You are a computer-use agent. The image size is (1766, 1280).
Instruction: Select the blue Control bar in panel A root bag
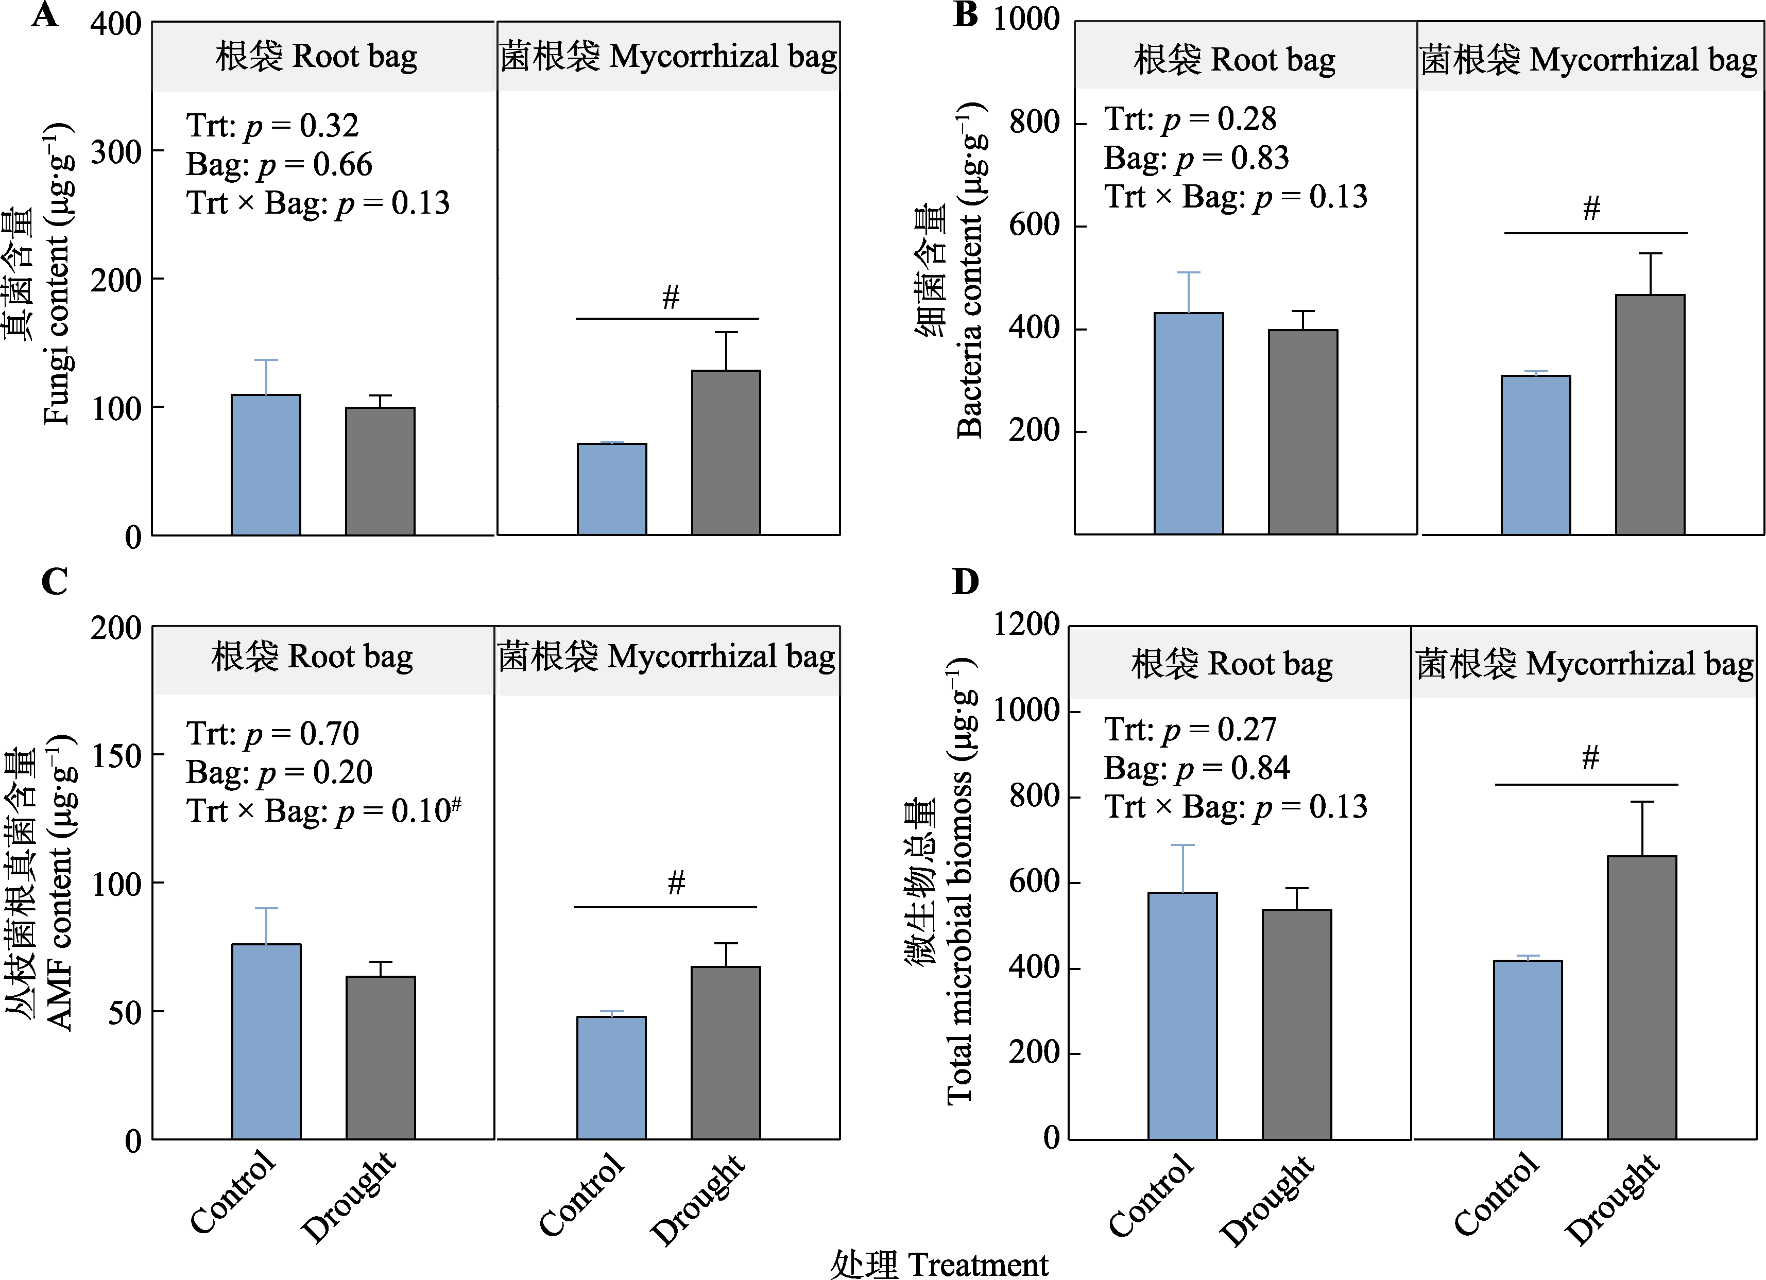(x=266, y=465)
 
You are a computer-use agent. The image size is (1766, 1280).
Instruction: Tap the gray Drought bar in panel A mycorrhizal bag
(x=726, y=453)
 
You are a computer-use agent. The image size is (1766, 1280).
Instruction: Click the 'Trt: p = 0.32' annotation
(x=272, y=125)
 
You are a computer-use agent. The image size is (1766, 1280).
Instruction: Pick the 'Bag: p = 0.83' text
(x=1196, y=158)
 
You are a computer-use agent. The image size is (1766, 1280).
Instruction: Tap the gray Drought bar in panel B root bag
(x=1302, y=432)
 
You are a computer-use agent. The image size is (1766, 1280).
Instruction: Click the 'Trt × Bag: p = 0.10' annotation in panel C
(x=323, y=810)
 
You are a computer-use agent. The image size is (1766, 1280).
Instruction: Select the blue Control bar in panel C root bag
(x=266, y=1041)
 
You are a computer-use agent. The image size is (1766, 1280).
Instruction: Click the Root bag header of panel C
(x=312, y=657)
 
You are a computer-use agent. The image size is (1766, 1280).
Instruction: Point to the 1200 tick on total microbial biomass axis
(x=1025, y=625)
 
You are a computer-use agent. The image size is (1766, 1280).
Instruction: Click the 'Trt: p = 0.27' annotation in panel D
(x=1190, y=730)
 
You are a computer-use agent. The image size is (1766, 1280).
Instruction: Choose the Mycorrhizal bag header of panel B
(x=1588, y=60)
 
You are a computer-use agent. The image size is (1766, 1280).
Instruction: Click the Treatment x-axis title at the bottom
(x=939, y=1264)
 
